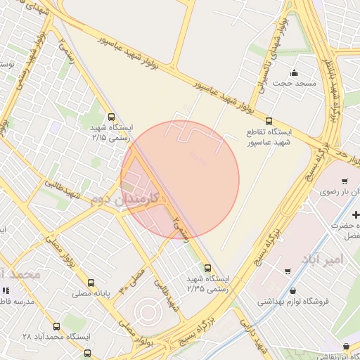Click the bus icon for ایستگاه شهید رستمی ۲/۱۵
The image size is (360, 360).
(x=110, y=117)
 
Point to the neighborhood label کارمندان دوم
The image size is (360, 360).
(x=124, y=199)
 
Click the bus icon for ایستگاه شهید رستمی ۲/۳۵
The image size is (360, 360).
(x=207, y=268)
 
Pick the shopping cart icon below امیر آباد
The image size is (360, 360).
(x=288, y=271)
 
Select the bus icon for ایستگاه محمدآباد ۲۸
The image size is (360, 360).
(x=56, y=326)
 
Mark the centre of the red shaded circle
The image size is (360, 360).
(x=180, y=180)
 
